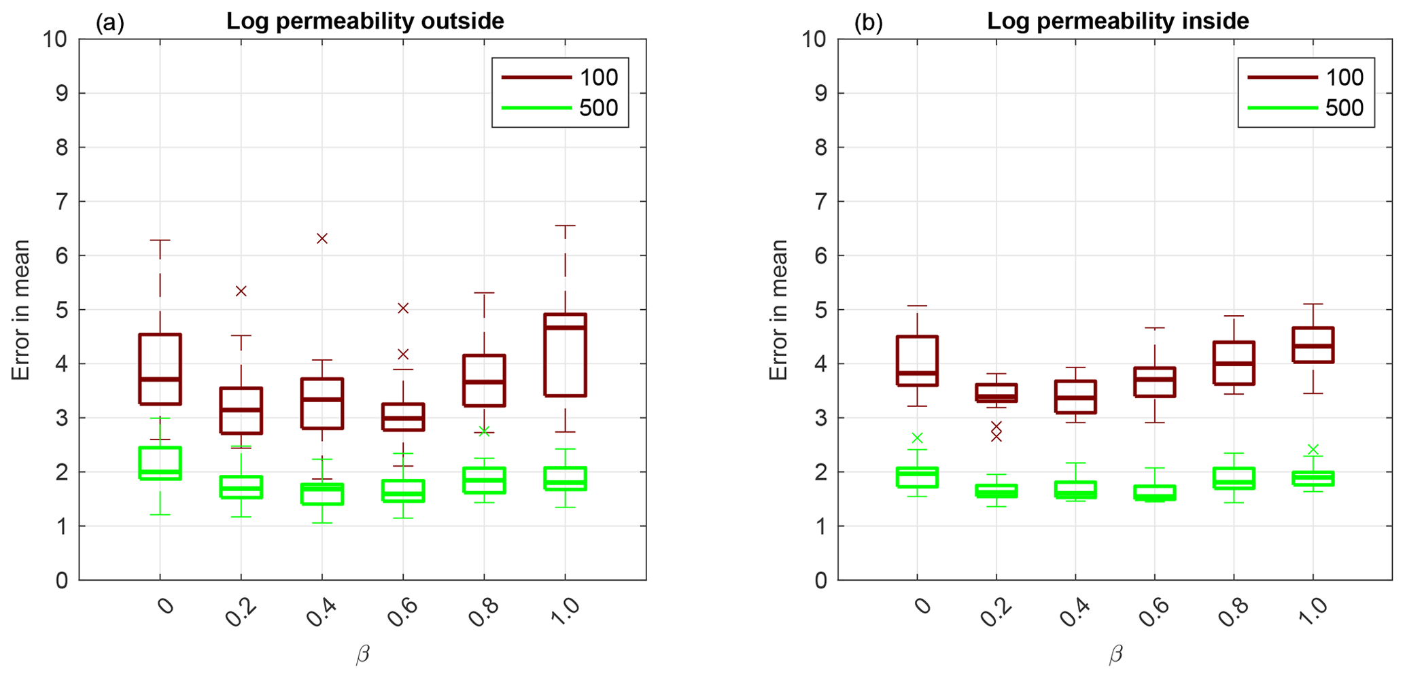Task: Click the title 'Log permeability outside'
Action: point(365,22)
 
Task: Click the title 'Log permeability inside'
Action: point(1117,22)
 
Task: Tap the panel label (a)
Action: point(109,23)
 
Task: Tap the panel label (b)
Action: point(868,23)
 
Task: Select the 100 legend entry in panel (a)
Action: point(560,77)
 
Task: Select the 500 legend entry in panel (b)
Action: point(1306,107)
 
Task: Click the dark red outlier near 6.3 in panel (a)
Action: point(322,238)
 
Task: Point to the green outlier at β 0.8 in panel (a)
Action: point(484,431)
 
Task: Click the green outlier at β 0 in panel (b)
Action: point(917,438)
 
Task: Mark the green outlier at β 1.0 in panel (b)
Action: point(1313,450)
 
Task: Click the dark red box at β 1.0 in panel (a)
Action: point(565,355)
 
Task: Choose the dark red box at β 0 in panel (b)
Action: point(917,361)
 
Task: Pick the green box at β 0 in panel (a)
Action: point(160,463)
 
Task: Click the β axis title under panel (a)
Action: point(362,655)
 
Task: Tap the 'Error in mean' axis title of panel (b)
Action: point(778,309)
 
